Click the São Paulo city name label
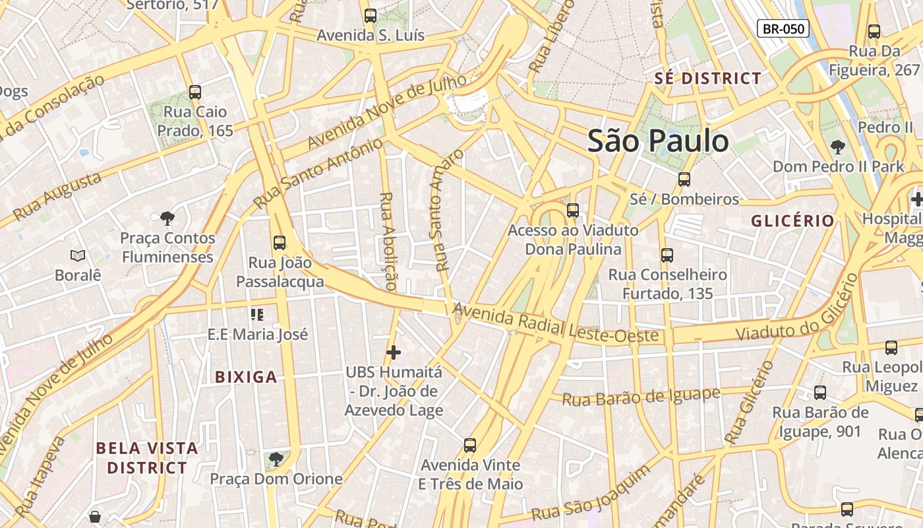coord(658,141)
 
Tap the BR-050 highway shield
coord(783,28)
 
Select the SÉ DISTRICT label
coord(708,79)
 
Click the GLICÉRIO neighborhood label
coord(793,220)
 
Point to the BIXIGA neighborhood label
coord(246,378)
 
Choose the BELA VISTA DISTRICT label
coord(147,458)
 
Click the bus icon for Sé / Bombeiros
coord(684,180)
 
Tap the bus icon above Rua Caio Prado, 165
coord(194,92)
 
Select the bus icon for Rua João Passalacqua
coord(280,243)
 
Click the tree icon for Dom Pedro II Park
coord(838,147)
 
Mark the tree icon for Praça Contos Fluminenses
coord(167,218)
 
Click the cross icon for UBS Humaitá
coord(394,352)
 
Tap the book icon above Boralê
coord(78,255)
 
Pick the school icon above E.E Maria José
coord(257,314)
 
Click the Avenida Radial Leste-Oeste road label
coord(556,323)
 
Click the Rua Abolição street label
coord(388,242)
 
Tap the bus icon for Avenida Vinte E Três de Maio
coord(470,445)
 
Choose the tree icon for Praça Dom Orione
coord(276,458)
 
